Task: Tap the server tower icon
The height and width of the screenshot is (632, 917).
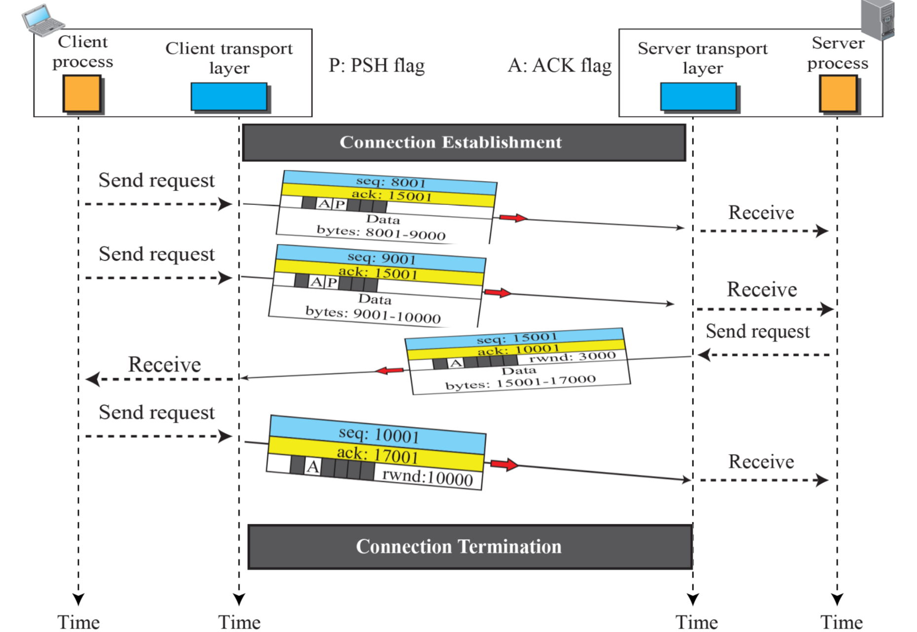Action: (x=878, y=20)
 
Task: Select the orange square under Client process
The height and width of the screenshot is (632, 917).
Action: (x=82, y=93)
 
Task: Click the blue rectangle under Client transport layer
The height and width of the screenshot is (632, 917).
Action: (x=229, y=96)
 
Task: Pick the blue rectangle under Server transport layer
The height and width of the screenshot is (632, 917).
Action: (x=698, y=96)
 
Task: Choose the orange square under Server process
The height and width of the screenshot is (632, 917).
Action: (x=838, y=93)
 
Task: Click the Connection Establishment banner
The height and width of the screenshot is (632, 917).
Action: (x=464, y=142)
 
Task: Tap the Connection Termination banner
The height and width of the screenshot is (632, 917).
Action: (x=470, y=547)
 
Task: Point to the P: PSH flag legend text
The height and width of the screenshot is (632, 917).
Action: (x=377, y=65)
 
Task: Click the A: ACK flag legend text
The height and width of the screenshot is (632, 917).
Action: (x=560, y=65)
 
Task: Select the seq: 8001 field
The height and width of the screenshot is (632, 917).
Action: (x=390, y=182)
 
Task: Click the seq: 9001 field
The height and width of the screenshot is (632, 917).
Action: (x=382, y=258)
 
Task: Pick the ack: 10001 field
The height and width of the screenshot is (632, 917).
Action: (x=518, y=350)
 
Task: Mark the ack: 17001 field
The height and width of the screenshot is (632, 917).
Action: (x=377, y=454)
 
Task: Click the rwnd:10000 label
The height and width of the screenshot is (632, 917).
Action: (x=427, y=477)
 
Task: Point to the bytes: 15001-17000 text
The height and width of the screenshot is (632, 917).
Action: (x=520, y=382)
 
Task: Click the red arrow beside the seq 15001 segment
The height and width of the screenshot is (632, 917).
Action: (x=390, y=370)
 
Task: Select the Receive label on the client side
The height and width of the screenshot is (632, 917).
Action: (x=164, y=364)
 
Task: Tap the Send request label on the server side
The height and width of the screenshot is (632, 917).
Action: (x=758, y=331)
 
